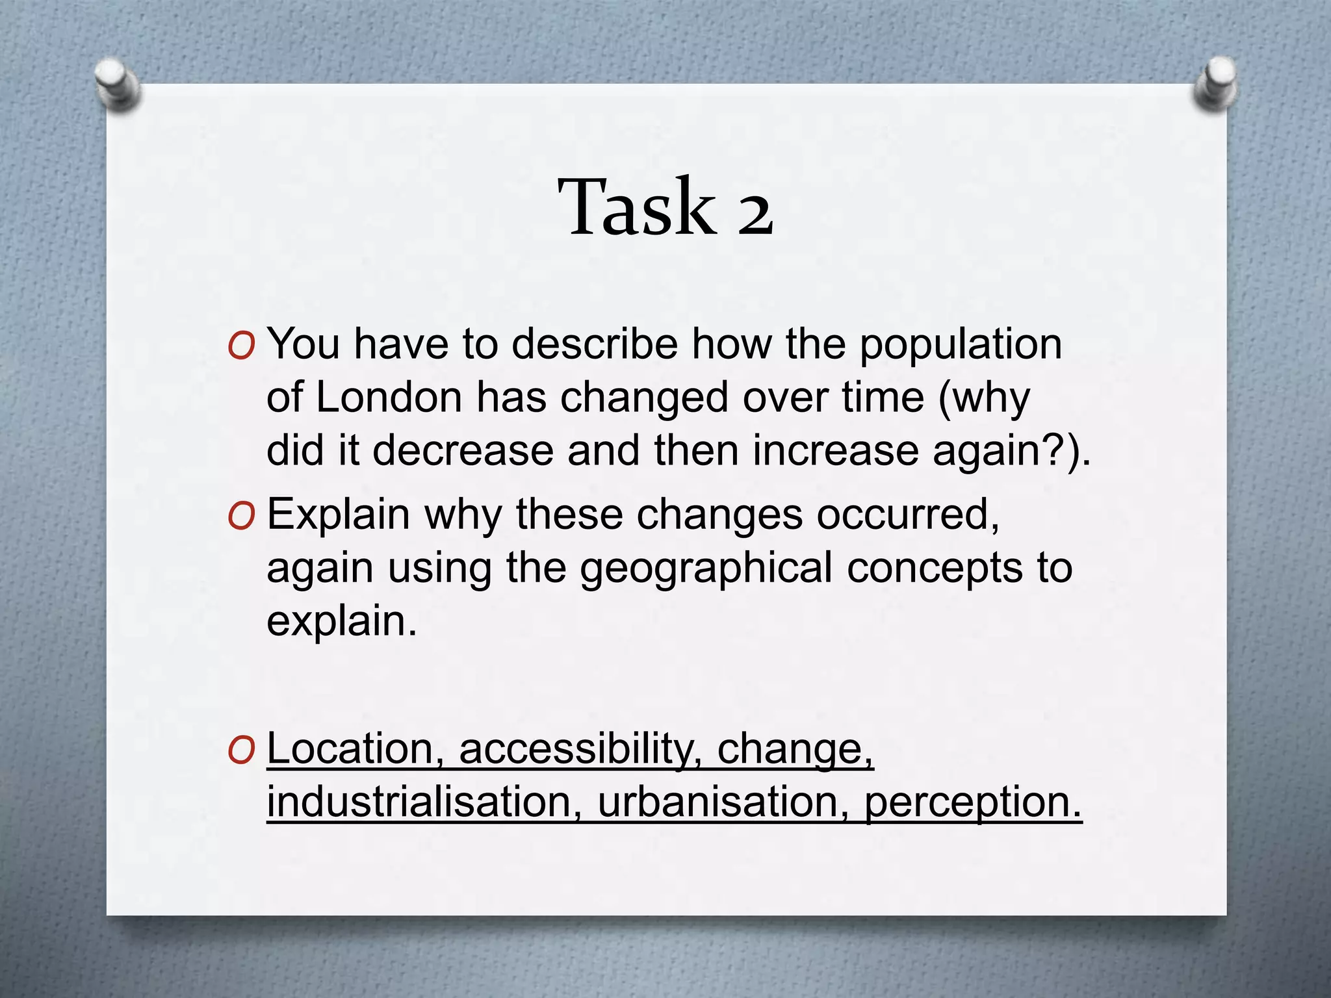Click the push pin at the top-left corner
click(x=118, y=84)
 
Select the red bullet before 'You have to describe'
click(x=241, y=348)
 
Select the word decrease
click(x=462, y=450)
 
